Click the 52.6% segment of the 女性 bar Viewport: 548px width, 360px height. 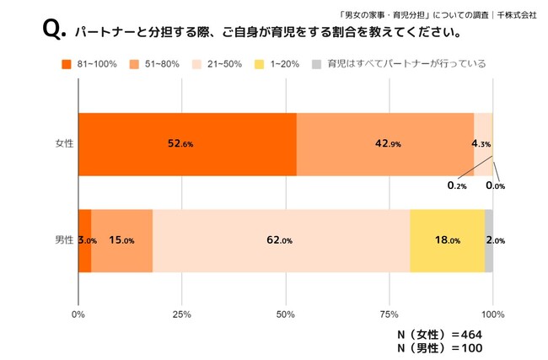pyautogui.click(x=187, y=143)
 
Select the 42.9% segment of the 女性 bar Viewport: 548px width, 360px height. pyautogui.click(x=385, y=143)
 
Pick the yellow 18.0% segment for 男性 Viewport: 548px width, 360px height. pyautogui.click(x=447, y=240)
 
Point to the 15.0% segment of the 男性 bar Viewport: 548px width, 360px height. pyautogui.click(x=121, y=240)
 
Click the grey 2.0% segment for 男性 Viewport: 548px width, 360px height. pyautogui.click(x=489, y=240)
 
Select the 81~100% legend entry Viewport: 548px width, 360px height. pyautogui.click(x=92, y=63)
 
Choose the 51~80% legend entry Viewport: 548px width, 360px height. pyautogui.click(x=157, y=63)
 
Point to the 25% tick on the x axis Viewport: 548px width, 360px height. pyautogui.click(x=181, y=315)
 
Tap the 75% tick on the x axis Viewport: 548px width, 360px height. pyautogui.click(x=389, y=315)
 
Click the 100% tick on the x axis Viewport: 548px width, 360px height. pyautogui.click(x=492, y=315)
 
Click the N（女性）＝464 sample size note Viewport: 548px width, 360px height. pyautogui.click(x=439, y=335)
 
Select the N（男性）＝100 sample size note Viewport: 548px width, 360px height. pyautogui.click(x=439, y=348)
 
